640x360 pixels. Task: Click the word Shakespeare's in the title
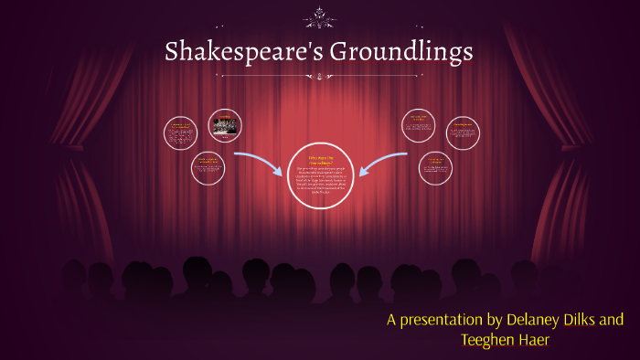pos(240,52)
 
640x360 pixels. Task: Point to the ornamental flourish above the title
pos(320,16)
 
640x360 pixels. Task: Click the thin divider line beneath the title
pos(320,77)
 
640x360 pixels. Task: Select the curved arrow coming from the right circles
pos(384,160)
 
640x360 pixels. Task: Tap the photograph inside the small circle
pos(224,126)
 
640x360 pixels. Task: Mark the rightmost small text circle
pos(463,132)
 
